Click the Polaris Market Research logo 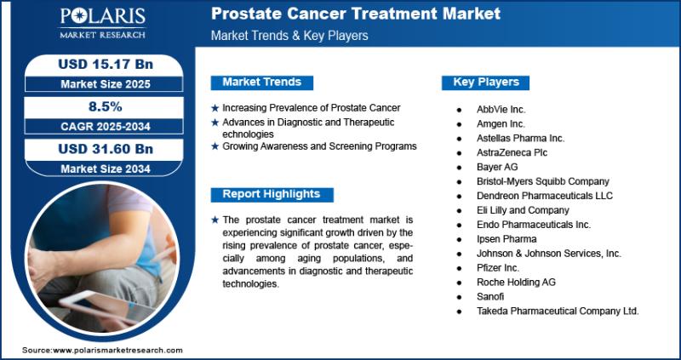[x=102, y=23]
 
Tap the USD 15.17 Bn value [x=106, y=65]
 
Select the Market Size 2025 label [x=106, y=83]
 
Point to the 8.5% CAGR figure [x=105, y=107]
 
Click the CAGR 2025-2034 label [x=106, y=126]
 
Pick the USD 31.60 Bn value [x=106, y=149]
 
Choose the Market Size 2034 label [x=106, y=169]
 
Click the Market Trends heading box [x=262, y=82]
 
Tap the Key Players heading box [x=485, y=82]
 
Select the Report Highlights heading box [x=272, y=194]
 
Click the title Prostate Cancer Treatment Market [x=356, y=14]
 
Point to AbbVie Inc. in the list [x=501, y=110]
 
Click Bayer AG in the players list [x=497, y=167]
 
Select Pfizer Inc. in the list [x=498, y=267]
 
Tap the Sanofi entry [x=490, y=297]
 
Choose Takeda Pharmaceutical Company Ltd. [x=558, y=311]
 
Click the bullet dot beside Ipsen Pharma [x=460, y=239]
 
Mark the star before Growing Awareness [x=215, y=146]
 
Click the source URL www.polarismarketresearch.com [x=117, y=350]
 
